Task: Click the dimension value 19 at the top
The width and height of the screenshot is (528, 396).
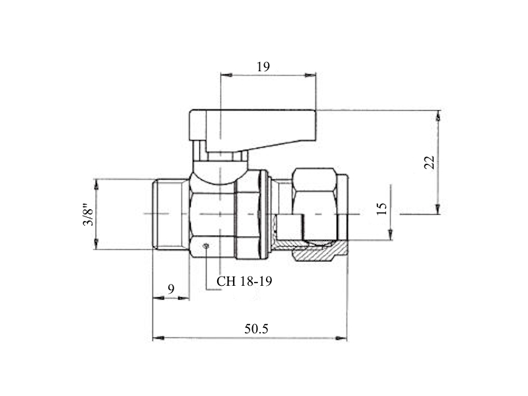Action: [x=263, y=67]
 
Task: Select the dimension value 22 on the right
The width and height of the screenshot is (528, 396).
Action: [x=430, y=162]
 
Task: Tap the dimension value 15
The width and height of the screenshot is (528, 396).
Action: [x=382, y=209]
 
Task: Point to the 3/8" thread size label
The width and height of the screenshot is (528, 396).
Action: [x=89, y=214]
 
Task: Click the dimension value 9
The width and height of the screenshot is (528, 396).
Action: [x=171, y=288]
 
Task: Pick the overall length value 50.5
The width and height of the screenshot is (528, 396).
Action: [x=256, y=329]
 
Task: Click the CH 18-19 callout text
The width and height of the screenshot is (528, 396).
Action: [x=244, y=281]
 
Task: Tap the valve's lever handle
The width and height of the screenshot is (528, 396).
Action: [x=253, y=129]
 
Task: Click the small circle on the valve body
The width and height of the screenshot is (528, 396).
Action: [x=206, y=246]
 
